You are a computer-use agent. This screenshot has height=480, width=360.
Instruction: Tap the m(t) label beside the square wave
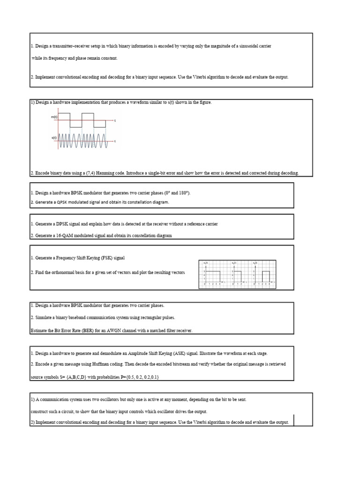[x=54, y=117]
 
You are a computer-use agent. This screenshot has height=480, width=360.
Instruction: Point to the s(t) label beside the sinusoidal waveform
[x=54, y=138]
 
